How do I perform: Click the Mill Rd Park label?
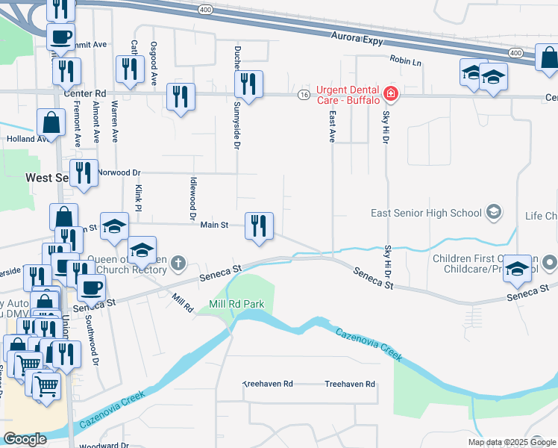[237, 305]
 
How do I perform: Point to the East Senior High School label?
[426, 213]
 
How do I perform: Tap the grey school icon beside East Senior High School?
[493, 213]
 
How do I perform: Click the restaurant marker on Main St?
[259, 225]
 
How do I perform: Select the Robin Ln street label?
[405, 59]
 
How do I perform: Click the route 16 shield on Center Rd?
[303, 95]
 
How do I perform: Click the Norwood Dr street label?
[119, 172]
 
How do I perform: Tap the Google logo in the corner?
[25, 439]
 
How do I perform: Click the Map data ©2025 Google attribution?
[511, 442]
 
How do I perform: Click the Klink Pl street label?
[138, 197]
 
